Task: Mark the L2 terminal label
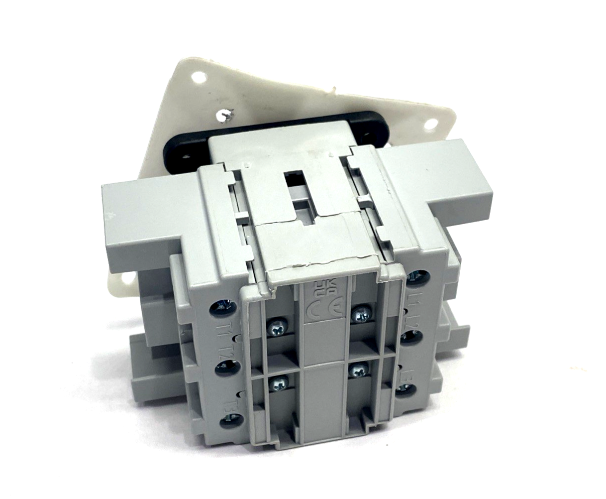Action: tap(412, 318)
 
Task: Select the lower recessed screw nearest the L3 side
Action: tap(358, 370)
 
